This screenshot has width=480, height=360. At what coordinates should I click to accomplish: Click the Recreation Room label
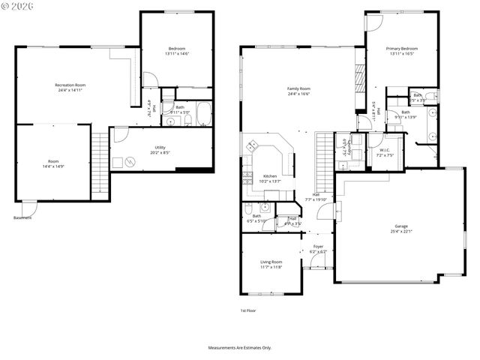click(x=70, y=85)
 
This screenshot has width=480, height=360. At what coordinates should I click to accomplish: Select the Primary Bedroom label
click(x=402, y=49)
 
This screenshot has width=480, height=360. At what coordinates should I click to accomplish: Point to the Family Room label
click(x=298, y=88)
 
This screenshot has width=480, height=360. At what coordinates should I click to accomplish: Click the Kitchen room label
click(x=269, y=176)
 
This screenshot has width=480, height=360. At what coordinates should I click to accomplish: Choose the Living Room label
click(x=271, y=262)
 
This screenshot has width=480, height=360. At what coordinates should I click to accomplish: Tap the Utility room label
click(x=160, y=148)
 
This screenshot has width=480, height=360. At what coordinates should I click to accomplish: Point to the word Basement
click(x=22, y=218)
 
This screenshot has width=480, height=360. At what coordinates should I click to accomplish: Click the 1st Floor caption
click(x=247, y=310)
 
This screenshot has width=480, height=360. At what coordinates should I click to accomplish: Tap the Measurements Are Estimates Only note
click(x=239, y=348)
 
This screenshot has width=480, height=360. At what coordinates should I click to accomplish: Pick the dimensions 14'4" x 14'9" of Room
click(x=53, y=166)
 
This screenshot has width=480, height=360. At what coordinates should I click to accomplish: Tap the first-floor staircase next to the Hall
click(x=323, y=161)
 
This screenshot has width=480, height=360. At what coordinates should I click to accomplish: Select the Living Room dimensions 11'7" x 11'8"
click(x=271, y=267)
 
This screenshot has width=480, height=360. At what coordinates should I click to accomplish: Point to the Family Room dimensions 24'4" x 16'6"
click(x=298, y=94)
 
